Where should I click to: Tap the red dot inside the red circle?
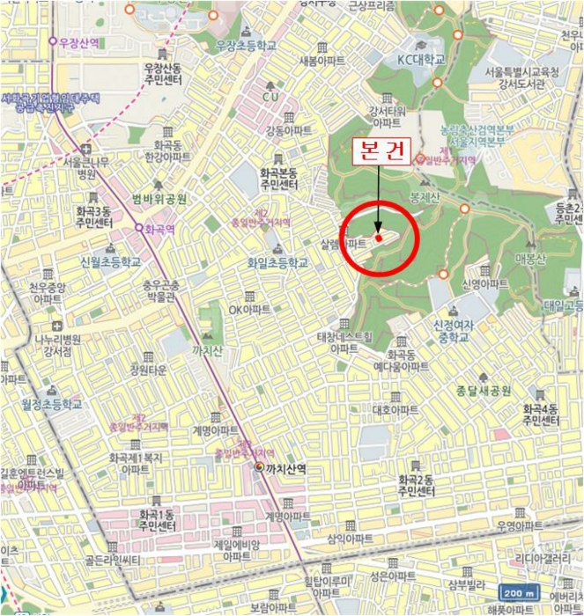(x=378, y=237)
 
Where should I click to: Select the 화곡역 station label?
(x=160, y=227)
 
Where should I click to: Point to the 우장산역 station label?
(x=80, y=40)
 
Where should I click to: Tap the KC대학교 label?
(x=418, y=59)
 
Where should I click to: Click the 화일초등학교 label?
(x=278, y=263)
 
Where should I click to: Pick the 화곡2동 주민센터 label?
(x=415, y=485)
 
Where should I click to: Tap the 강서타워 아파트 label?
(x=387, y=116)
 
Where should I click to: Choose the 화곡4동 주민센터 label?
(x=540, y=415)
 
